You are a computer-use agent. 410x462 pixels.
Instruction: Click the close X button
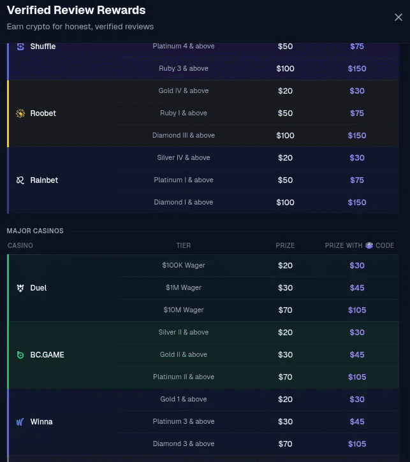399,18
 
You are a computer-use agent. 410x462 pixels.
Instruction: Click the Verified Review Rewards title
76,10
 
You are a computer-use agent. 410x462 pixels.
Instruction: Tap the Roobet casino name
43,113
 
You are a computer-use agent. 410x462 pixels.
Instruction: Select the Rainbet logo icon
20,180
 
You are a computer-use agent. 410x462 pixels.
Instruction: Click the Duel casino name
38,288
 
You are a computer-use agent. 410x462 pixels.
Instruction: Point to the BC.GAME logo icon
20,355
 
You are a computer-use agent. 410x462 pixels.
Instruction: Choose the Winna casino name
41,422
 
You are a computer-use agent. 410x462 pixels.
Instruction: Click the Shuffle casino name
43,47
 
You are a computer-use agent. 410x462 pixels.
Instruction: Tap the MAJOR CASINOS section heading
35,231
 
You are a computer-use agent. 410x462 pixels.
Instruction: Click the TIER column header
184,245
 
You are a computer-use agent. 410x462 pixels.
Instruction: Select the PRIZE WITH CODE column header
360,245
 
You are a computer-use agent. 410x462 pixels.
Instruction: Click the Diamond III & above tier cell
184,136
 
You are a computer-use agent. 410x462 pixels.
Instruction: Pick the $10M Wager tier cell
184,310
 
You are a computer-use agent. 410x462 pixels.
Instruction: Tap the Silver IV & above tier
184,158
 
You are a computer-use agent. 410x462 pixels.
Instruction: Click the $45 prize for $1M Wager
357,288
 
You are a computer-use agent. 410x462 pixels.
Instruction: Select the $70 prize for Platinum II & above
285,377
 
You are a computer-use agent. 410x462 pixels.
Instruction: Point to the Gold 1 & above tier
184,400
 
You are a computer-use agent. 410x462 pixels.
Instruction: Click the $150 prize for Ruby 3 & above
357,69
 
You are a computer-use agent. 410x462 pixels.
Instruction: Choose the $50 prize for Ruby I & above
285,113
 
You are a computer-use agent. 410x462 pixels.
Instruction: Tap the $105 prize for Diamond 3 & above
357,444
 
